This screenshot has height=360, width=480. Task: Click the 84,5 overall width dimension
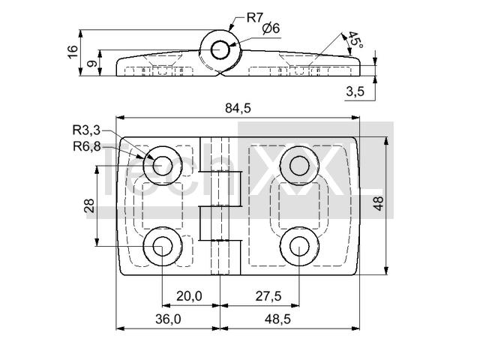(x=238, y=108)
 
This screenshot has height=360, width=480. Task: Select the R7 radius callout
(x=255, y=18)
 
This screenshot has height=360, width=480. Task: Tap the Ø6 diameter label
(x=271, y=28)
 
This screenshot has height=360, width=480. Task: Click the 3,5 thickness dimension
(x=355, y=91)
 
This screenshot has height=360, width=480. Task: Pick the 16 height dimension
(x=73, y=52)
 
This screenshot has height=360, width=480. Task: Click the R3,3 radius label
(x=86, y=130)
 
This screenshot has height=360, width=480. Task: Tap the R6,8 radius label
(x=87, y=147)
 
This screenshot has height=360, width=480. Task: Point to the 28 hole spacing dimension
(x=88, y=205)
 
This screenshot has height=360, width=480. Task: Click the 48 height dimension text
(x=379, y=203)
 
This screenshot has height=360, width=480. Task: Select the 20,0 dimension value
(x=189, y=296)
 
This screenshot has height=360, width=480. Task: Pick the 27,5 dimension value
(x=268, y=296)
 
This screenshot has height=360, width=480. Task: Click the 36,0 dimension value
(x=168, y=319)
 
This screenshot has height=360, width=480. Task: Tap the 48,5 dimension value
(x=277, y=319)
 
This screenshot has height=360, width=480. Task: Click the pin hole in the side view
(x=220, y=49)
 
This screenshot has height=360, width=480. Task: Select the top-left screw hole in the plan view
(x=163, y=166)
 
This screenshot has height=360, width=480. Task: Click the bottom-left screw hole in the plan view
(x=163, y=247)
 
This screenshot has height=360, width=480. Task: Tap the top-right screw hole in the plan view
(x=299, y=166)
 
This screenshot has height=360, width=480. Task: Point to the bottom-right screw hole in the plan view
(x=299, y=247)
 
